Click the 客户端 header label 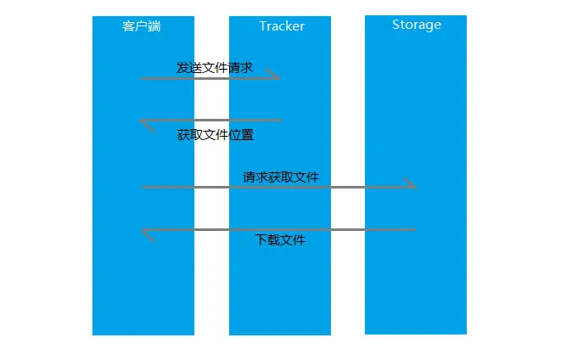pos(142,26)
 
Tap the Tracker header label pos(282,26)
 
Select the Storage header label pos(417,25)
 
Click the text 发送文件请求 pos(215,67)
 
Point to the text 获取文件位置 pos(216,135)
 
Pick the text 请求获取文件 pos(281,177)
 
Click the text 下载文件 pos(281,240)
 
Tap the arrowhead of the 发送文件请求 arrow pos(275,76)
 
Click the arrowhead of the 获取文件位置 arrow pos(145,124)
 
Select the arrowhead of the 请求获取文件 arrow pos(411,184)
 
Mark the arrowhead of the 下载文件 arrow pos(146,233)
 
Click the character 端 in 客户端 pos(154,26)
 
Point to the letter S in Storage pos(396,25)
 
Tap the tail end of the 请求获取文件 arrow pos(143,187)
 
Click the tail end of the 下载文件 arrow pos(414,229)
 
